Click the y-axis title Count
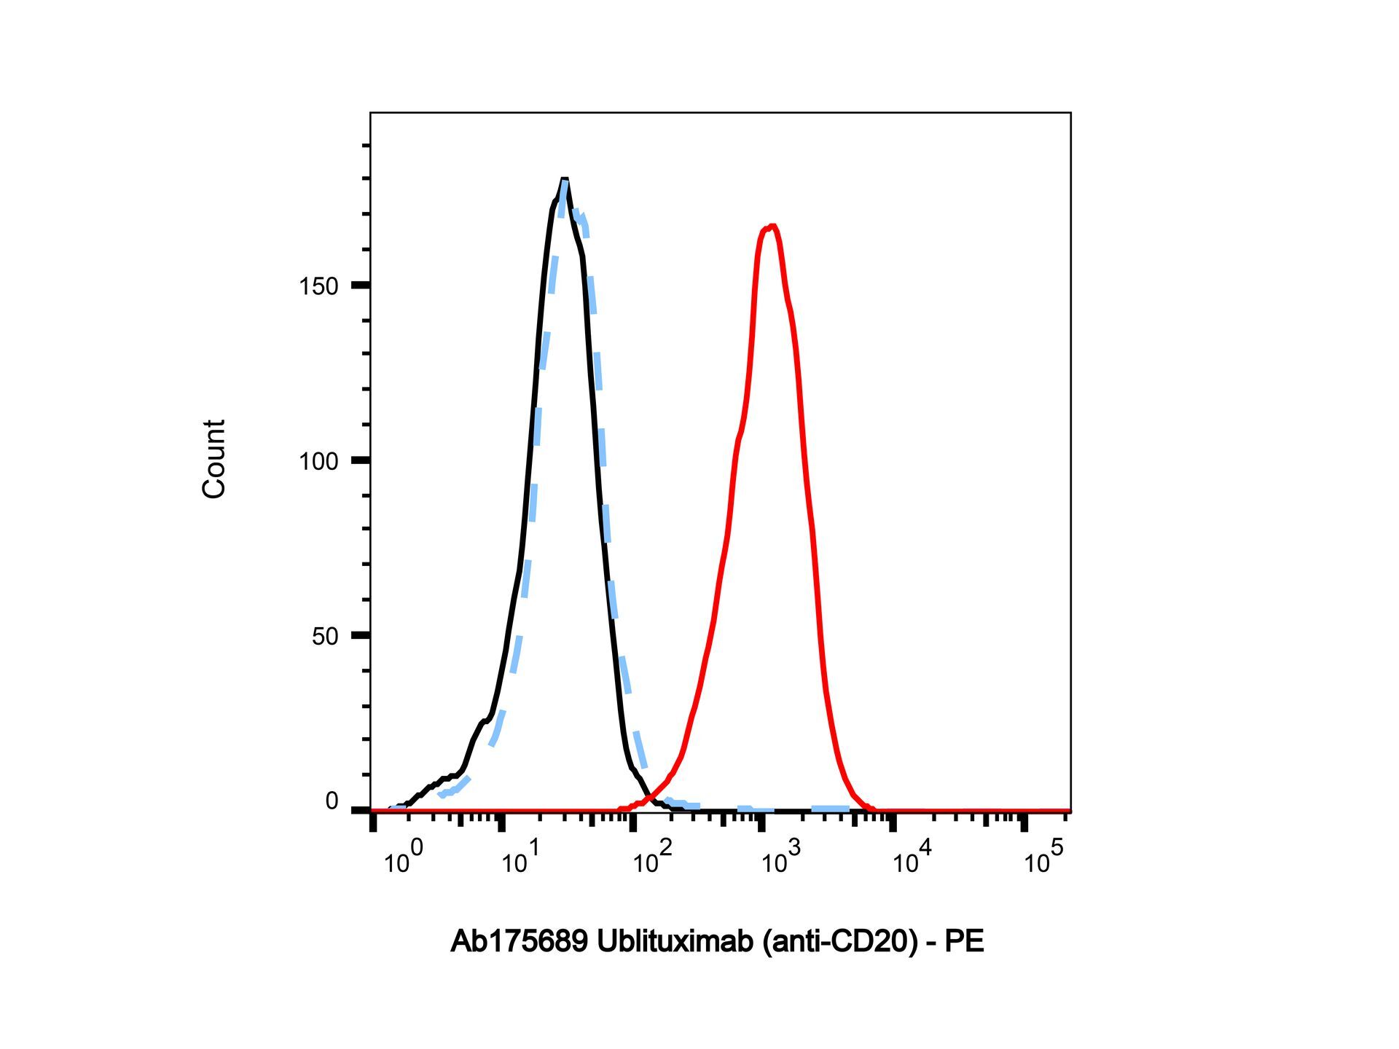tap(213, 459)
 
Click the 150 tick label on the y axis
tap(318, 286)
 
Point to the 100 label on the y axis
tap(318, 461)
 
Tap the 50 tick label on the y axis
tap(325, 636)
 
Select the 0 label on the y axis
tap(332, 801)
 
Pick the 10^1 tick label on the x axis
tap(520, 857)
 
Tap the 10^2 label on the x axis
tap(651, 857)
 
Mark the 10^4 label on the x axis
tap(912, 857)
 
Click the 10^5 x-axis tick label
tap(1043, 857)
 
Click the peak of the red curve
tap(771, 227)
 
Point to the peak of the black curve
tap(564, 179)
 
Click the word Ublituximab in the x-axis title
tap(675, 941)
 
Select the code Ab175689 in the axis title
tap(520, 941)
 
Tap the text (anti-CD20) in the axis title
tap(839, 942)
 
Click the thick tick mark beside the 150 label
tap(361, 286)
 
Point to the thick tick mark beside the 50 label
tap(361, 635)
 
